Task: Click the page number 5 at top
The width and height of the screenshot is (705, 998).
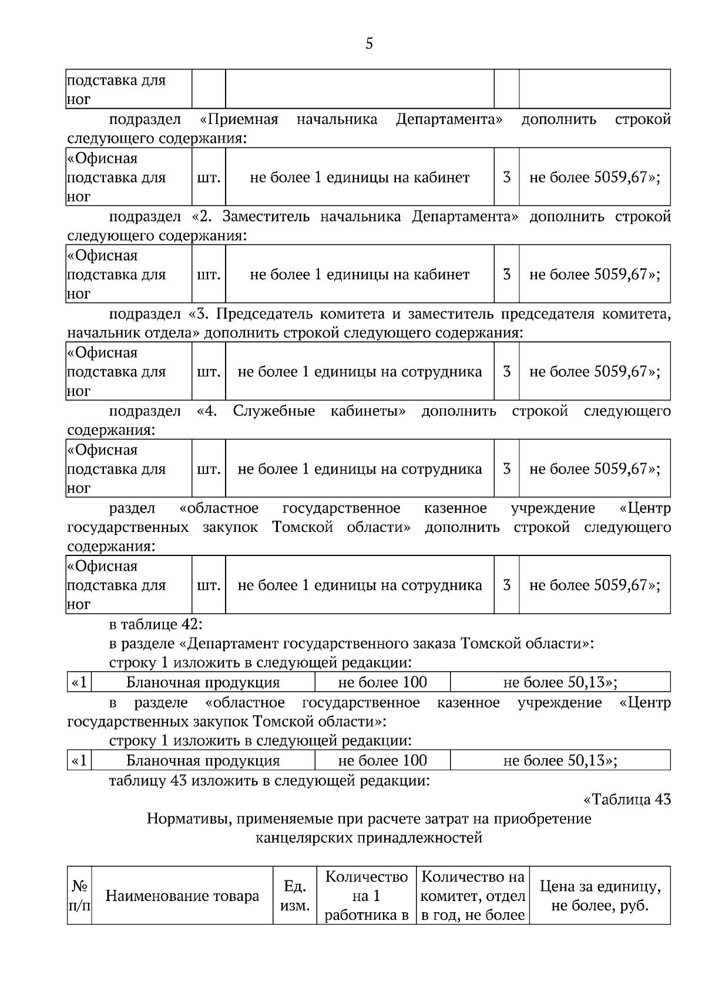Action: [369, 43]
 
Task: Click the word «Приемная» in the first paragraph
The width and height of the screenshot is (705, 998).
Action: [239, 119]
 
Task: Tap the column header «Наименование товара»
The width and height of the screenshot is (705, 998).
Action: [182, 896]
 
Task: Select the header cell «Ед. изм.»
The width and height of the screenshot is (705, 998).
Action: [295, 896]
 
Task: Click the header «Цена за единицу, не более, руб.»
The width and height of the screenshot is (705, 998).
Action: [599, 896]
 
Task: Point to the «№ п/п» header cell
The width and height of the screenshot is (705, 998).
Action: [79, 896]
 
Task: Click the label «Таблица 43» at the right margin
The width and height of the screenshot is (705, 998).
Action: [627, 799]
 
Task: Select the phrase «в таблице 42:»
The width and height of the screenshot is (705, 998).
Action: [156, 624]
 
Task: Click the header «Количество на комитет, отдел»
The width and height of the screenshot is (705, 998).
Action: [473, 896]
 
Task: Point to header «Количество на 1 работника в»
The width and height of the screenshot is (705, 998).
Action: [366, 896]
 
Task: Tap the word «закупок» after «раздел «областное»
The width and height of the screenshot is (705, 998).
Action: [230, 527]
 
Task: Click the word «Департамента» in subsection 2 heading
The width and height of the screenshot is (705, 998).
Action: [465, 216]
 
